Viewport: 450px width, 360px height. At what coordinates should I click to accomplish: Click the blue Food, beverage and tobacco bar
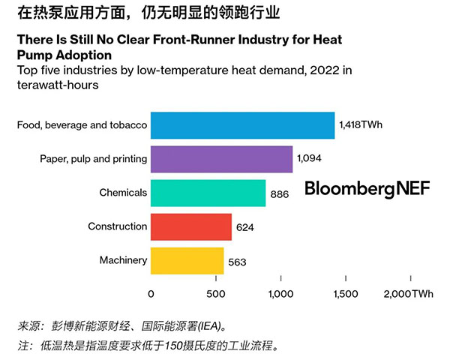pos(242,124)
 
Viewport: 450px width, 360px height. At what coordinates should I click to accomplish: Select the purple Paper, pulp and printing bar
pos(221,159)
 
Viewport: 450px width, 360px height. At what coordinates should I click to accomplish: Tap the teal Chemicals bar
pos(208,193)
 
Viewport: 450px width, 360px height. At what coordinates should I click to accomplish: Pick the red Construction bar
pos(190,226)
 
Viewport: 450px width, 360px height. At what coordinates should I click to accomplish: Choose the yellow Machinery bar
pos(187,261)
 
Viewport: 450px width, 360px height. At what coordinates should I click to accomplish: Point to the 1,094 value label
pos(312,159)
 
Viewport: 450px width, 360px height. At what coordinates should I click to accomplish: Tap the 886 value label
pos(280,193)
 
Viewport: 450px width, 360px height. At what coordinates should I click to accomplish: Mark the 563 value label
pos(238,262)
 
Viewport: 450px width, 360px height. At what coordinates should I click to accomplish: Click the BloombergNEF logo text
pos(367,189)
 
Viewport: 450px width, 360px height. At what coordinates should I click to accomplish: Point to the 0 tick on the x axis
pos(151,294)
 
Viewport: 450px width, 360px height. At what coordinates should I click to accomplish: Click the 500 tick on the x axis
pos(216,294)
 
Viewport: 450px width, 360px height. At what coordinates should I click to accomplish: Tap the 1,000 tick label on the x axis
pos(280,294)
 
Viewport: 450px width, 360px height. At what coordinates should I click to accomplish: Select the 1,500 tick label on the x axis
pos(345,294)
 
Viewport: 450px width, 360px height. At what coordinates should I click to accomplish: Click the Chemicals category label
pos(123,193)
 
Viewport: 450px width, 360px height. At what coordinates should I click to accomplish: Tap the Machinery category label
pos(123,261)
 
